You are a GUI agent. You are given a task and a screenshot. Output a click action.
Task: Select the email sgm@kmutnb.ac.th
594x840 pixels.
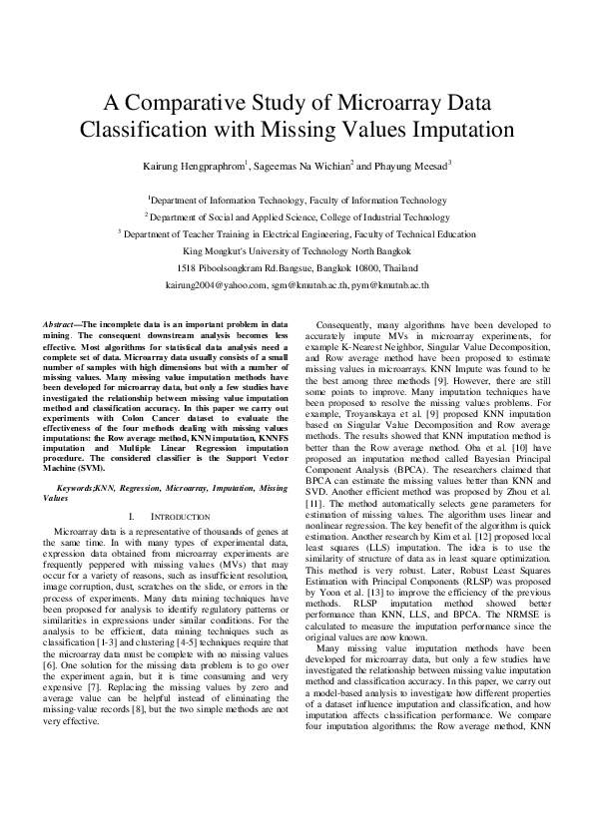click(x=302, y=284)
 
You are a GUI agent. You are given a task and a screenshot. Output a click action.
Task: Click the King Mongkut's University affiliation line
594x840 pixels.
click(x=297, y=250)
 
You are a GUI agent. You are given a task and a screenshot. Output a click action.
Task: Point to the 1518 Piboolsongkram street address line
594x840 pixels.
click(x=297, y=267)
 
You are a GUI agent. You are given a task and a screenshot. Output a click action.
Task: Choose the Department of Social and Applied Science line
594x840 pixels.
click(x=297, y=215)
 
